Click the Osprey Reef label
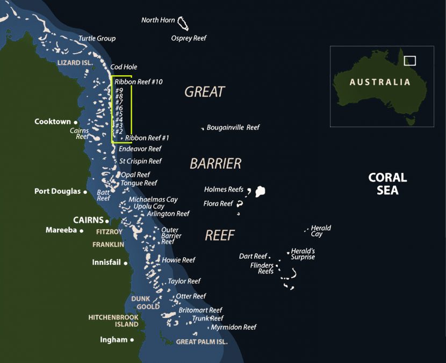189,38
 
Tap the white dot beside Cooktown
75,122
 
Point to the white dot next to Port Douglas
85,192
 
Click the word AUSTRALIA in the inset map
379,82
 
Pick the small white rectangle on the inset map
409,61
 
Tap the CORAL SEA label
387,183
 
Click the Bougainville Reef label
233,128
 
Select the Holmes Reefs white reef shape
261,191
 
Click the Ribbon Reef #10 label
139,82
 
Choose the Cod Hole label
124,67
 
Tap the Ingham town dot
132,340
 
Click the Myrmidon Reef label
233,327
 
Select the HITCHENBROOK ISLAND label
113,321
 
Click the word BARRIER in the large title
215,164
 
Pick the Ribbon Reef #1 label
147,138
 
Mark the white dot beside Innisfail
126,263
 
